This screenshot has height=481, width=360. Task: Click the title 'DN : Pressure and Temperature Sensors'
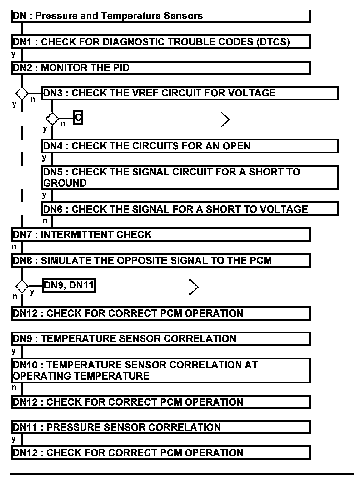pos(107,16)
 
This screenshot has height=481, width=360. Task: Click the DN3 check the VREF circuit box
pos(189,93)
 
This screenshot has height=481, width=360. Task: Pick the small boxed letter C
pos(78,117)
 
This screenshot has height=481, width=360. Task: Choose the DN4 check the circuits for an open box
pos(189,146)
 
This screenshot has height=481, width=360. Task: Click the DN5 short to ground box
pos(189,177)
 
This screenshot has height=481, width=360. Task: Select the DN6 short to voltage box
pos(189,209)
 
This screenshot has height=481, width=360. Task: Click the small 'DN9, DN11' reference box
pos(69,285)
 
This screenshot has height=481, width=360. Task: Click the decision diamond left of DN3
pos(22,94)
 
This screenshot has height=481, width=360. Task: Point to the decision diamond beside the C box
pos(52,118)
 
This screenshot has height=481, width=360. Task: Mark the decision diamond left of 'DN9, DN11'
pos(22,286)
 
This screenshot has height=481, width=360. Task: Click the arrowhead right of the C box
pos(225,120)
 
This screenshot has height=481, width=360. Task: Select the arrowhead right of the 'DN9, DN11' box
pos(194,287)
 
